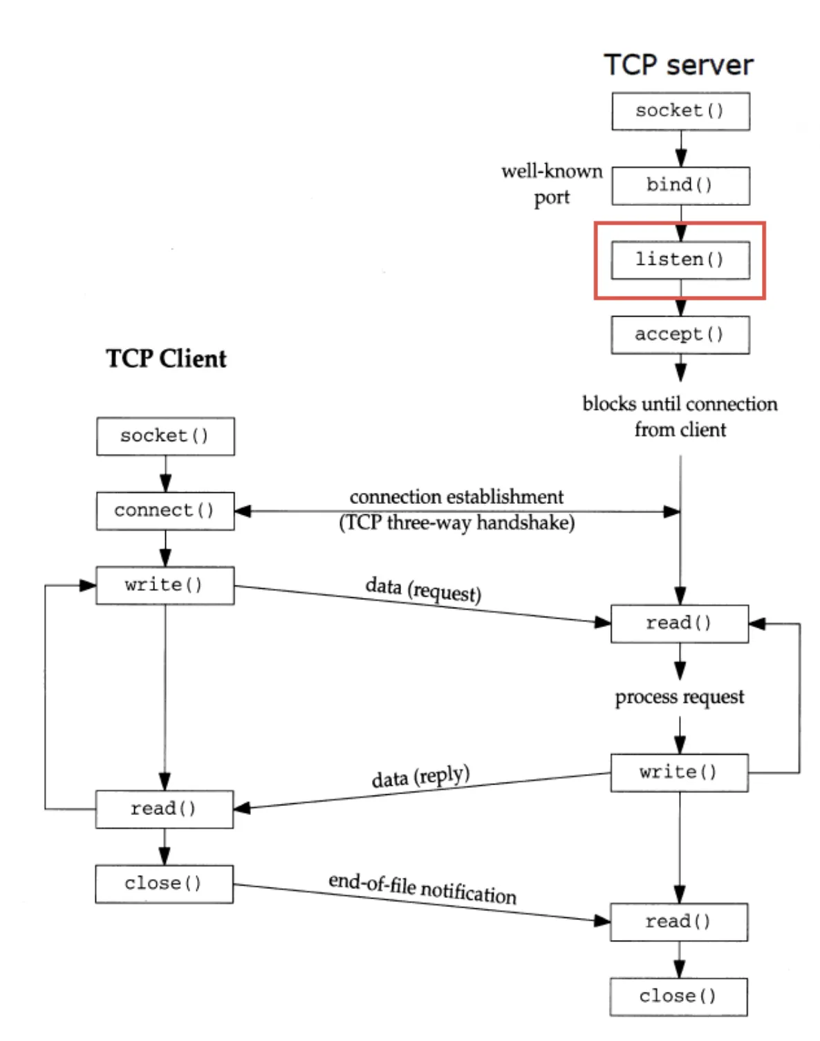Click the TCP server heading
[678, 65]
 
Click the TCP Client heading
[166, 359]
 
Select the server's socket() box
[680, 111]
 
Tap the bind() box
[680, 185]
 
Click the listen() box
[680, 260]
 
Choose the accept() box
[680, 335]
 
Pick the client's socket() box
[165, 436]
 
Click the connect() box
[165, 511]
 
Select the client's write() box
[165, 585]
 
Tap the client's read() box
[165, 809]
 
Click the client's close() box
[165, 883]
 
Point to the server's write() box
[679, 772]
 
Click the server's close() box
[678, 996]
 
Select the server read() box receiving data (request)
[680, 623]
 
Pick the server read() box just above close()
[679, 921]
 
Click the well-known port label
[552, 184]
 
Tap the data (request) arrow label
[423, 590]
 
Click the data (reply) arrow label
[420, 776]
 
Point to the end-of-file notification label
[422, 888]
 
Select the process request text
[680, 697]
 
